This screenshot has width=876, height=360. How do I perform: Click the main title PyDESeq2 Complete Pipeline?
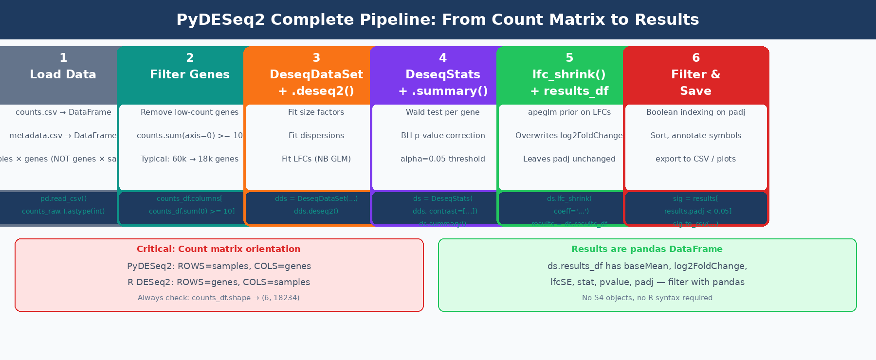pos(438,19)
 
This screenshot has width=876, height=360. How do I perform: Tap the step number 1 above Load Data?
pos(63,58)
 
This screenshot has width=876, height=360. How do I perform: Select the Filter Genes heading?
pos(190,74)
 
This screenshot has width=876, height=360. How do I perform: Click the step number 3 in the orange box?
pos(316,58)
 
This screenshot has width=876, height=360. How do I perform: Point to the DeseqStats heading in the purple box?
pos(443,74)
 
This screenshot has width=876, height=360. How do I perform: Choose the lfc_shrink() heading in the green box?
pos(569,74)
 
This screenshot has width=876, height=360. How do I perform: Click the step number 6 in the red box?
pos(696,58)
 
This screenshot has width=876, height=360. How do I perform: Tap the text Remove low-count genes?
pos(190,112)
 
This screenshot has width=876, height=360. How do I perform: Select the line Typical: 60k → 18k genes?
pos(190,159)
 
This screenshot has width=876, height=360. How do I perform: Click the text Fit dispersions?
pos(316,136)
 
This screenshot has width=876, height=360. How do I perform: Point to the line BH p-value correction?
pos(443,136)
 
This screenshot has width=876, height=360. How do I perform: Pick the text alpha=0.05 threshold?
pos(443,159)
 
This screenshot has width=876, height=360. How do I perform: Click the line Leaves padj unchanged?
pos(569,159)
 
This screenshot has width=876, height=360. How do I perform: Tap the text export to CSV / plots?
pos(696,159)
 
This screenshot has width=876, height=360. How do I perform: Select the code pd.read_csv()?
pos(63,198)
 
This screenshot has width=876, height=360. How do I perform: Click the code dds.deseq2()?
pos(316,211)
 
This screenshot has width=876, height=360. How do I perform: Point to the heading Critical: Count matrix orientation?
pos(219,249)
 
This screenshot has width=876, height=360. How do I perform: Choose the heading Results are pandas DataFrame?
pos(647,249)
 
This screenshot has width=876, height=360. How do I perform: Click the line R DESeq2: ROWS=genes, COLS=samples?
pos(219,282)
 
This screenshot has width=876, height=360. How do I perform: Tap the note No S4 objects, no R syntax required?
pos(647,298)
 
